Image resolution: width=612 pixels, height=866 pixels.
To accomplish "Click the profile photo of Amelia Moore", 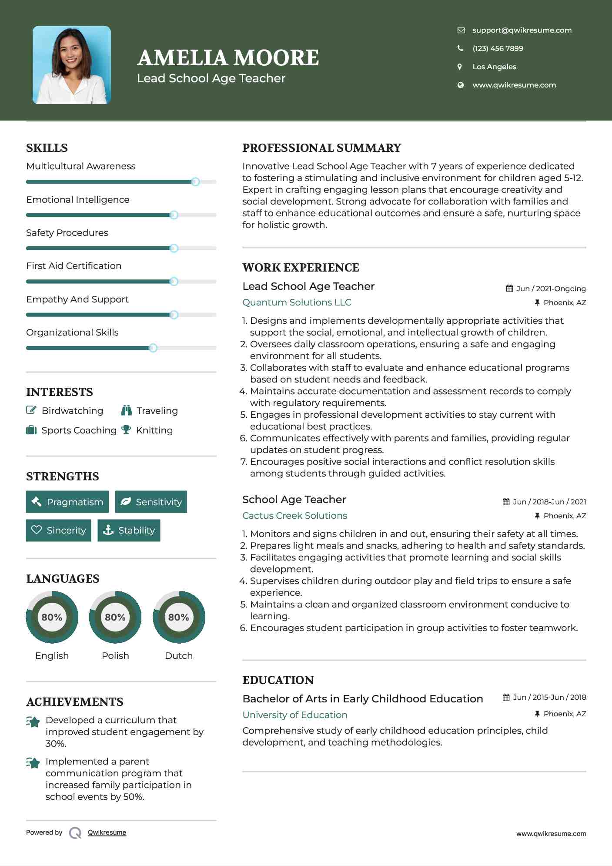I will pyautogui.click(x=72, y=65).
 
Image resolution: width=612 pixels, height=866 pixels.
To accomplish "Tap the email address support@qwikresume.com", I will pyautogui.click(x=522, y=30).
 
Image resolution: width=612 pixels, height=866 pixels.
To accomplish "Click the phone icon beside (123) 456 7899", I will pyautogui.click(x=460, y=48).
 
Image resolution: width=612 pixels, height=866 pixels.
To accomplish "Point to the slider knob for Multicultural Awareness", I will pyautogui.click(x=195, y=181).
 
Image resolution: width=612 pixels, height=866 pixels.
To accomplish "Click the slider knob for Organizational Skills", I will pyautogui.click(x=153, y=348).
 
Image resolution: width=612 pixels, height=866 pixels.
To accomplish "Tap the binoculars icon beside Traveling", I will pyautogui.click(x=127, y=410).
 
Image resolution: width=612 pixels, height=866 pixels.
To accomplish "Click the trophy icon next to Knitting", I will pyautogui.click(x=126, y=430).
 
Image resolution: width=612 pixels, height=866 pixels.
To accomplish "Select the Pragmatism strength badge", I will pyautogui.click(x=67, y=502).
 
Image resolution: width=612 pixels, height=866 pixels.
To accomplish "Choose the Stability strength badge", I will pyautogui.click(x=129, y=530).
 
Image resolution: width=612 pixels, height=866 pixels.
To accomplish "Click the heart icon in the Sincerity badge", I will pyautogui.click(x=37, y=530).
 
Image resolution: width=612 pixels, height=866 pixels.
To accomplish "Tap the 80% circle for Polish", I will pyautogui.click(x=115, y=617).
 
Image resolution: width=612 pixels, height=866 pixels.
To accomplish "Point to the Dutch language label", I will pyautogui.click(x=178, y=655).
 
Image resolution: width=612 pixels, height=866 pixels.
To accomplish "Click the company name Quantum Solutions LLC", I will pyautogui.click(x=297, y=302).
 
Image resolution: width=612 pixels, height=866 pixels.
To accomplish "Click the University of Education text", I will pyautogui.click(x=294, y=715).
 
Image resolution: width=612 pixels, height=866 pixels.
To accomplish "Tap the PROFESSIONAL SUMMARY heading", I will pyautogui.click(x=321, y=148).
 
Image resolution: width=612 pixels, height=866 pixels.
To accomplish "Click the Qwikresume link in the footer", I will pyautogui.click(x=107, y=832).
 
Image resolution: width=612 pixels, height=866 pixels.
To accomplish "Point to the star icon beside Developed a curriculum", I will pyautogui.click(x=33, y=722).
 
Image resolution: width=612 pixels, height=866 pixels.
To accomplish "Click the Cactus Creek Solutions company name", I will pyautogui.click(x=294, y=515).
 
